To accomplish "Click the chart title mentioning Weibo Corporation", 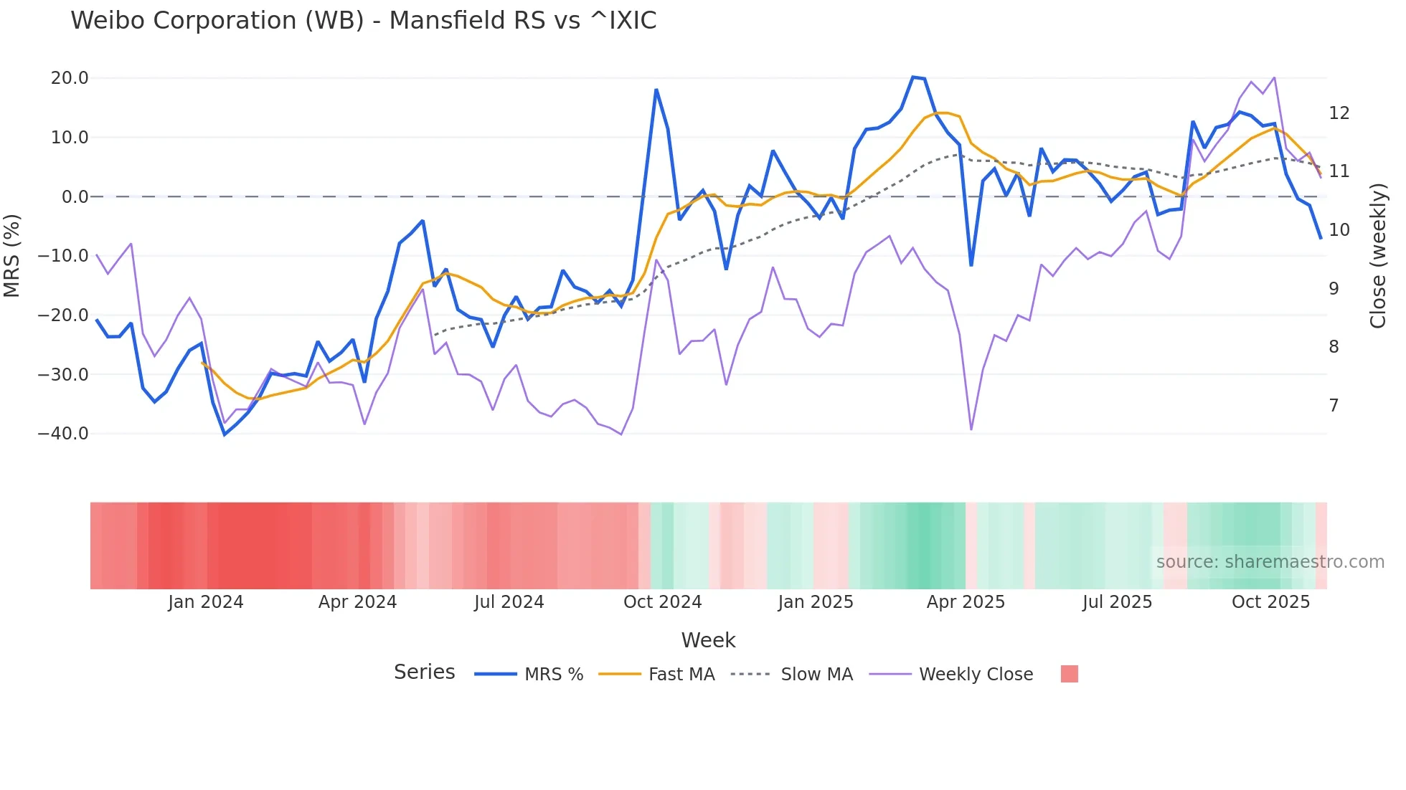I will click(363, 21).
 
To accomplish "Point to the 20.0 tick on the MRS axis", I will click(70, 78).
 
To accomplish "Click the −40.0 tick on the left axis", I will click(63, 434).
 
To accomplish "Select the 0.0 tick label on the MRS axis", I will click(75, 197).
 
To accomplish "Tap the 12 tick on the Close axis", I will click(1339, 113).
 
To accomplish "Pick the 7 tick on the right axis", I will click(1334, 406).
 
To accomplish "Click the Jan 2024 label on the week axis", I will click(206, 602).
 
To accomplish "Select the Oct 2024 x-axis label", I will click(662, 602).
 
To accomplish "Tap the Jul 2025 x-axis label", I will click(1117, 602).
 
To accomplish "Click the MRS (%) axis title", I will click(12, 256).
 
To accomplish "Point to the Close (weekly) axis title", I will click(1377, 256).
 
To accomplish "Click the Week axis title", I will click(708, 640).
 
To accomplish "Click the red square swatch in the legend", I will click(1069, 674).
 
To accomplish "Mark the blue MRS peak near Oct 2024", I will click(656, 90).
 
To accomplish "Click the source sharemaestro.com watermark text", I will click(1270, 562).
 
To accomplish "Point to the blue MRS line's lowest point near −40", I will click(225, 434).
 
